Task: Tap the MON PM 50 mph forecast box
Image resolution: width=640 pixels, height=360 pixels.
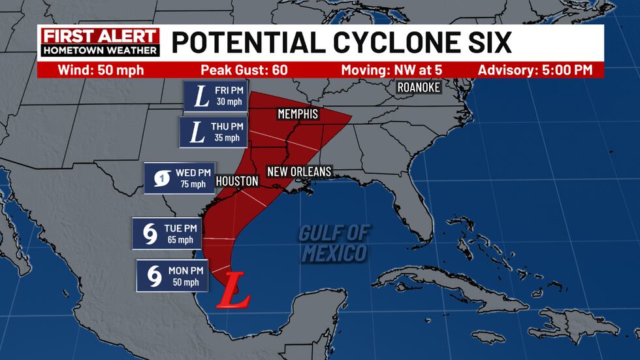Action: click(172, 276)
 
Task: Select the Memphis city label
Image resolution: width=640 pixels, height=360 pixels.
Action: click(298, 114)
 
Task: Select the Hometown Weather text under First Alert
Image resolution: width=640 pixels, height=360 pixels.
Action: click(100, 50)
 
